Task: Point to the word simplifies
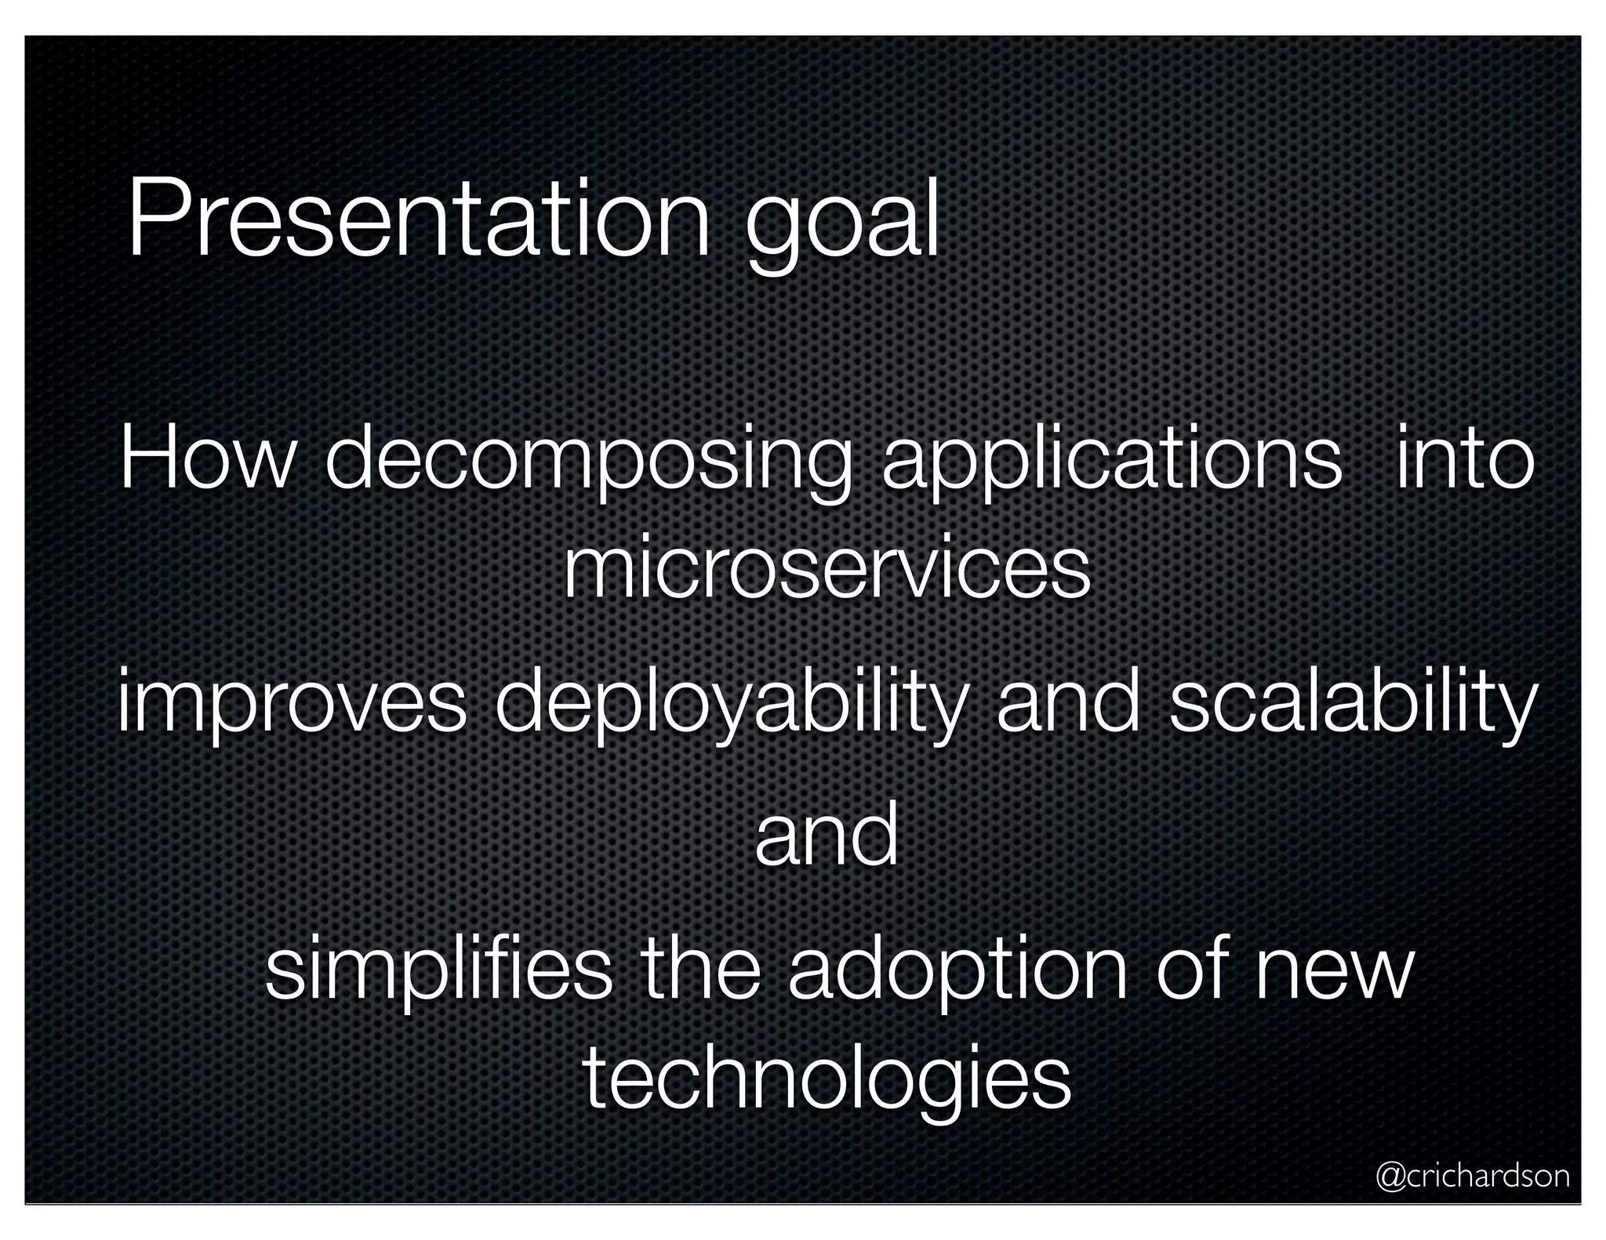click(x=438, y=972)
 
